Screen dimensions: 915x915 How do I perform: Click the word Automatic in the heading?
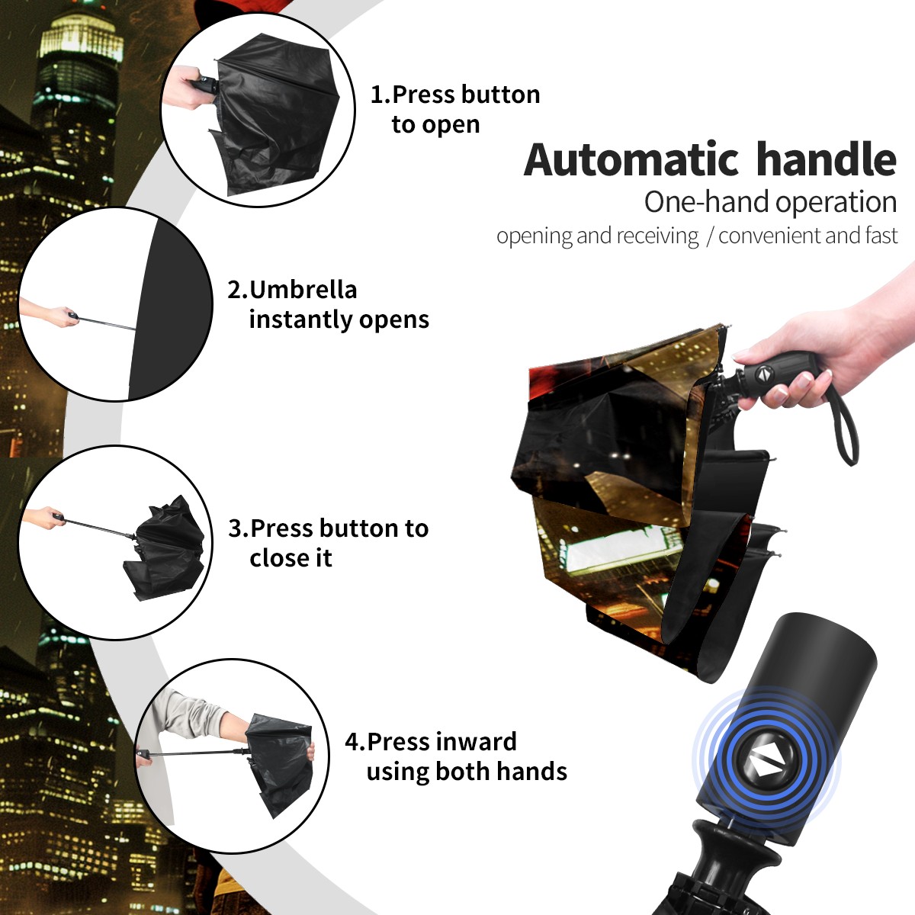pos(631,160)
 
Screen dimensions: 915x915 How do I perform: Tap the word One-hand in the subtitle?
pos(707,202)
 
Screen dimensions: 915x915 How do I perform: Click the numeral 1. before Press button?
pos(380,95)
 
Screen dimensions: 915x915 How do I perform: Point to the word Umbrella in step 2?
pos(303,290)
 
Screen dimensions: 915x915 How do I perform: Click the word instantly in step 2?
pos(301,319)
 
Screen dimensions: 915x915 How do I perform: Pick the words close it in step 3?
pos(291,557)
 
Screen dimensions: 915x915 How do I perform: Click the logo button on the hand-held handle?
pos(763,373)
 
